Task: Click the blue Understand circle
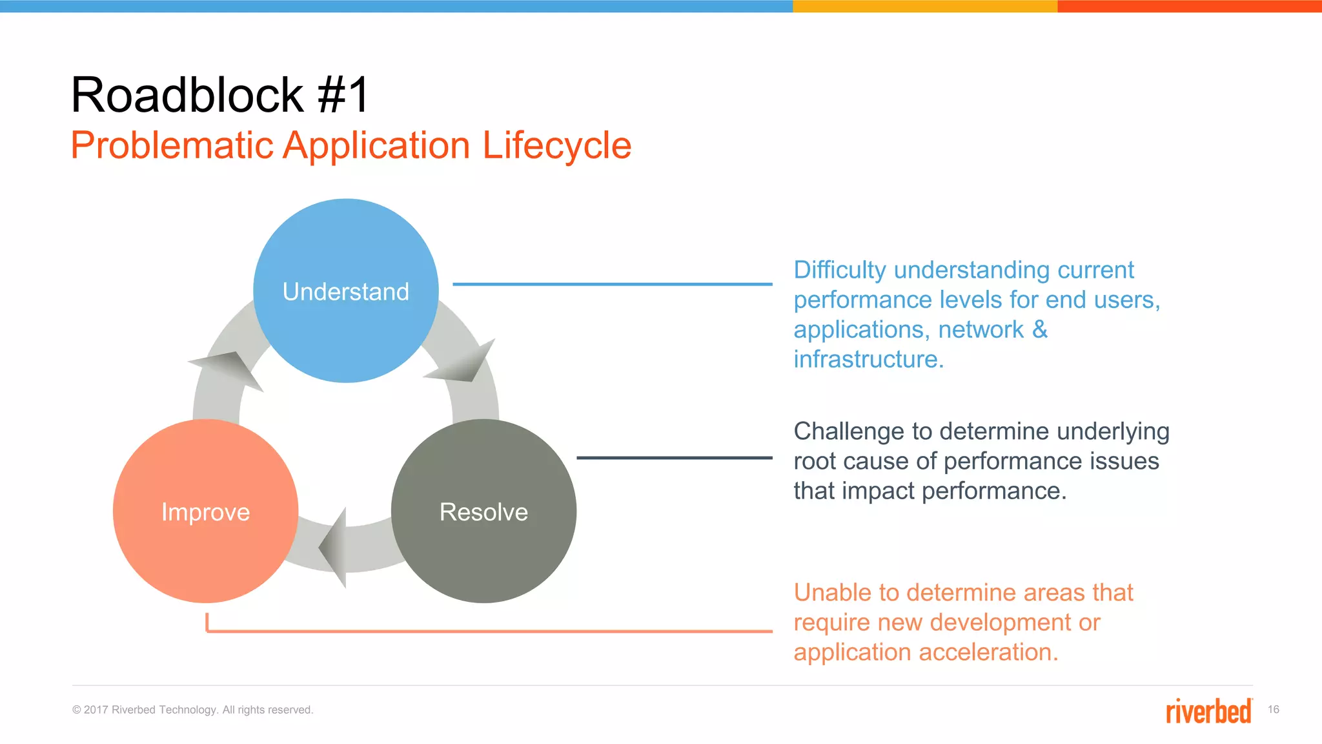[346, 291]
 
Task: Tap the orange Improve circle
[205, 512]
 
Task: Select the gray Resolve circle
[483, 512]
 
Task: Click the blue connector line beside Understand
[612, 284]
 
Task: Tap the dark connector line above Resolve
[674, 457]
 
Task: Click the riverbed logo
[1208, 711]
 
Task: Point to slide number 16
[1273, 709]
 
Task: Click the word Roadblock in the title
[187, 95]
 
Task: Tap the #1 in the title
[343, 95]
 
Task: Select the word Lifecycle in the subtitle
[556, 145]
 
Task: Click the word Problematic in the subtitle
[172, 145]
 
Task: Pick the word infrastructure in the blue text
[868, 359]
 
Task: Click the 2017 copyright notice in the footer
[192, 710]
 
